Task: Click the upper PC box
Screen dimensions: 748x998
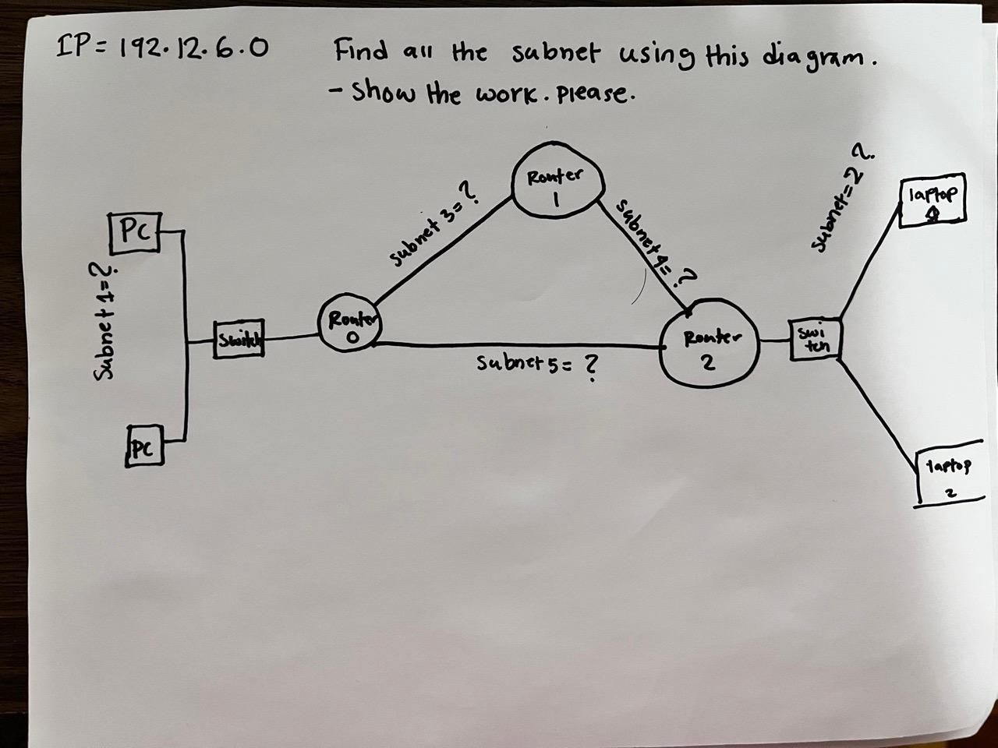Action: (x=135, y=233)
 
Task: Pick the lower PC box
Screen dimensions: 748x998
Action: (x=143, y=446)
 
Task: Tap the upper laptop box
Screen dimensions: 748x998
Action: (x=933, y=201)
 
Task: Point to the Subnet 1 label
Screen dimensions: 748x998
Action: (x=104, y=321)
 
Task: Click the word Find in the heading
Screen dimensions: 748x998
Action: (x=362, y=53)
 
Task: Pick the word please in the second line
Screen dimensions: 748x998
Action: (x=598, y=94)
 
